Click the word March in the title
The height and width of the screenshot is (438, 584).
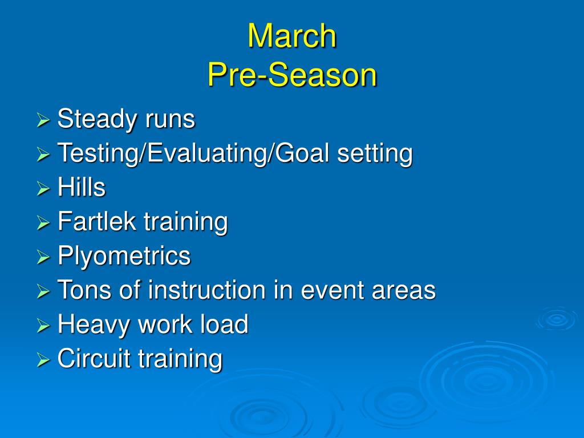pyautogui.click(x=292, y=36)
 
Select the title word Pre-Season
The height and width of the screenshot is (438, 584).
pyautogui.click(x=293, y=75)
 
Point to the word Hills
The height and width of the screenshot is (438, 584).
pyautogui.click(x=82, y=187)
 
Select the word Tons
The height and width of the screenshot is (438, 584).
pyautogui.click(x=84, y=290)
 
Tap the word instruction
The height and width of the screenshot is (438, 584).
pyautogui.click(x=207, y=290)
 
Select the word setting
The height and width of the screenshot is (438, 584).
pyautogui.click(x=375, y=154)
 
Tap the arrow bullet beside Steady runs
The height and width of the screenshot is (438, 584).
pyautogui.click(x=43, y=120)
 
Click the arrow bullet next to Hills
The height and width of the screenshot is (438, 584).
pyautogui.click(x=43, y=189)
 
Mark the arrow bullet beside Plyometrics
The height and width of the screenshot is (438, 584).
pyautogui.click(x=43, y=257)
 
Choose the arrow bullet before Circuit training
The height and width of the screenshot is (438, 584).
pyautogui.click(x=43, y=360)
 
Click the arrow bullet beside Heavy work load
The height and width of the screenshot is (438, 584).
pyautogui.click(x=43, y=326)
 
